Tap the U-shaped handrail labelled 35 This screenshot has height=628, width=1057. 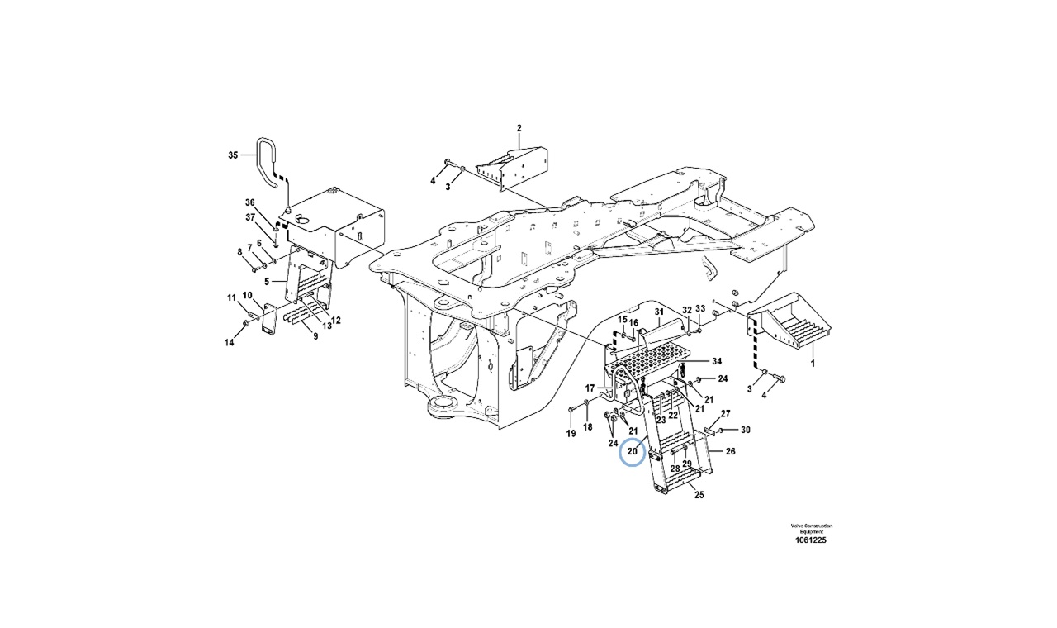(x=266, y=165)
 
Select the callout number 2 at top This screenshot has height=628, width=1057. (x=519, y=128)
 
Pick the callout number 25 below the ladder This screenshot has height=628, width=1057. (x=699, y=496)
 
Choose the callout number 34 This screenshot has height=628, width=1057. (x=717, y=361)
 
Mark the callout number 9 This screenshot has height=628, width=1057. (x=315, y=336)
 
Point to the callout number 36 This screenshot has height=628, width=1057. (x=250, y=202)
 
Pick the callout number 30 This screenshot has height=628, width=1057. (x=746, y=430)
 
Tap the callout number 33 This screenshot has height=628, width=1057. (x=699, y=309)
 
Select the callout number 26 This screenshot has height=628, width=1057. (x=730, y=451)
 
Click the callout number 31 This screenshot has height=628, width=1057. (x=659, y=312)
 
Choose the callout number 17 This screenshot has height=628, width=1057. (x=590, y=388)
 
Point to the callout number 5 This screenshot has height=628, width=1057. (x=268, y=282)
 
